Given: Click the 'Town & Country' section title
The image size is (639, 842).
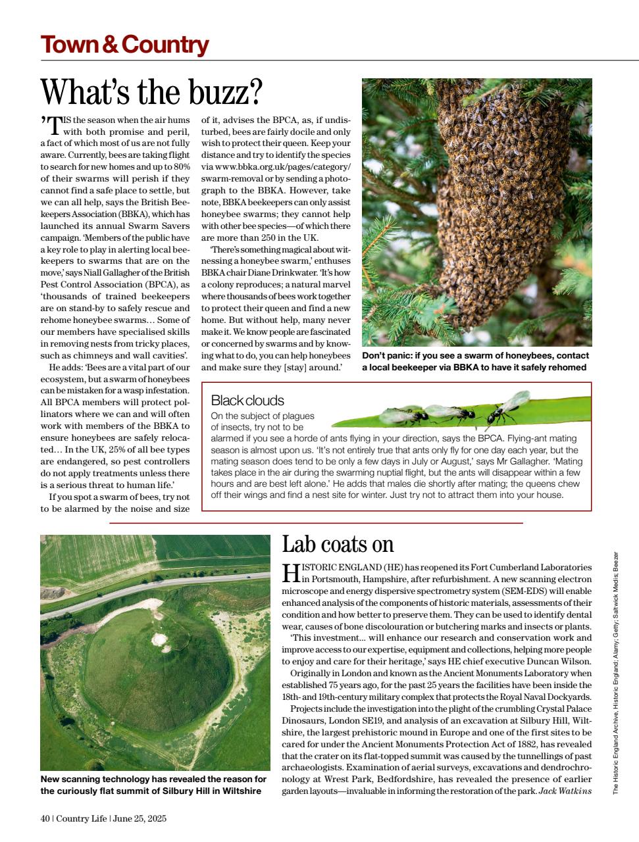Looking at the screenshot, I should pos(124,45).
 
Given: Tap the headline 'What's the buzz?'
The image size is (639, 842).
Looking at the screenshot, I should pos(151,91).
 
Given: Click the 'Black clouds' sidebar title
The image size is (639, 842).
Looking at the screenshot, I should pos(247,400).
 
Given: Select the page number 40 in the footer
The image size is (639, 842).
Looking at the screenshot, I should pos(45,818).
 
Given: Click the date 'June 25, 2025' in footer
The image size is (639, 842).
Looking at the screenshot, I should pos(140,818).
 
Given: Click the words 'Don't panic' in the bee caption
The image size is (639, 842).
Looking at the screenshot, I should pos(386,355).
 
